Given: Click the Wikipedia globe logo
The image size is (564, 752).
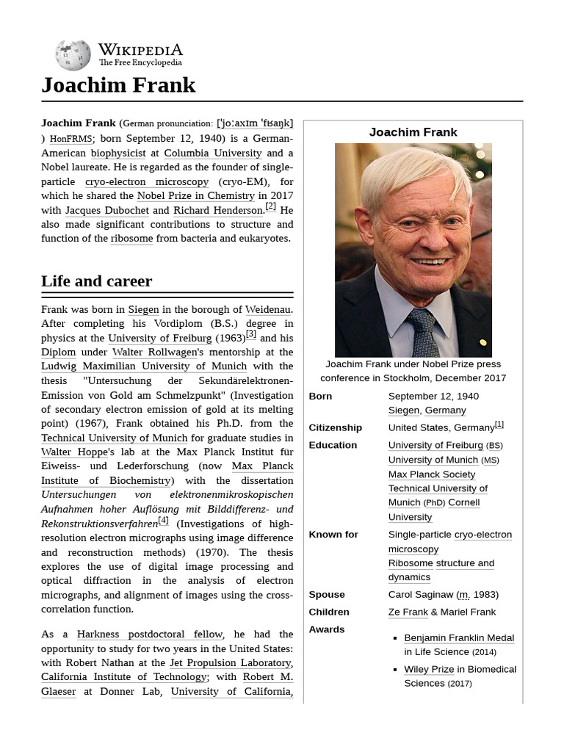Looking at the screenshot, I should click(73, 56).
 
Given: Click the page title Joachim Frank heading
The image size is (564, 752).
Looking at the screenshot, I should click(118, 85).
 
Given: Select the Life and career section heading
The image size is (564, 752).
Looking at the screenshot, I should click(96, 281).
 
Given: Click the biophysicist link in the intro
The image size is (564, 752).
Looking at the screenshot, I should click(117, 153).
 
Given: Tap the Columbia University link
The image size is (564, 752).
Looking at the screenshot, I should click(212, 153).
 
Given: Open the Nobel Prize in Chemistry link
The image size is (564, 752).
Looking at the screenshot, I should click(195, 195).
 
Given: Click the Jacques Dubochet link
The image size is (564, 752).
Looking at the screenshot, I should click(106, 210).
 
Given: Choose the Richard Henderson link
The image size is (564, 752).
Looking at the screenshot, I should click(218, 210).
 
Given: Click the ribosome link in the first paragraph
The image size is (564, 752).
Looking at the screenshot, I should click(131, 238).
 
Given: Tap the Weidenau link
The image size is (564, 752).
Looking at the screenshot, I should click(267, 309).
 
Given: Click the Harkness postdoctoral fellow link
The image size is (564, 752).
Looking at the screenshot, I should click(150, 634).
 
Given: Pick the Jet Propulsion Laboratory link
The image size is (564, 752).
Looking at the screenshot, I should click(230, 662).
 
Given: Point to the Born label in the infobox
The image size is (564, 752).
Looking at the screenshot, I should click(320, 396).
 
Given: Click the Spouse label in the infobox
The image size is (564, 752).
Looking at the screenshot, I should click(326, 594).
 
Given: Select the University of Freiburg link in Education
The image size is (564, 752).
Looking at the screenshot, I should click(435, 445).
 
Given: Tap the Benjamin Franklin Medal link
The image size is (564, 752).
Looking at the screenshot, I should click(458, 637).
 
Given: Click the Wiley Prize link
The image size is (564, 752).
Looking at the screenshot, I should click(428, 669).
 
